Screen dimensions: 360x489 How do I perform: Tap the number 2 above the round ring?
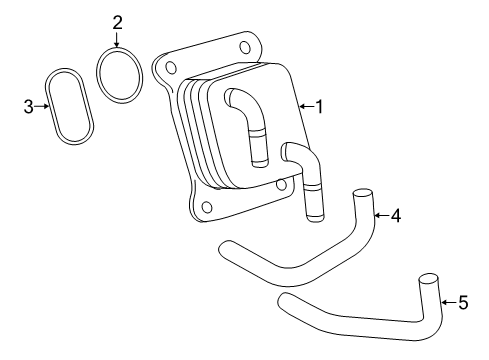[x=117, y=21]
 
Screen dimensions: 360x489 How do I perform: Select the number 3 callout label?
[x=29, y=104]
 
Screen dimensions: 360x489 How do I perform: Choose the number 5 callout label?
[x=461, y=301]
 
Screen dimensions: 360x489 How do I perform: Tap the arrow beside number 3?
[x=42, y=104]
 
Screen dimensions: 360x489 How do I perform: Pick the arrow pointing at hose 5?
[x=446, y=301]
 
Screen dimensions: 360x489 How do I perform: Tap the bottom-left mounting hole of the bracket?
[x=206, y=208]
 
